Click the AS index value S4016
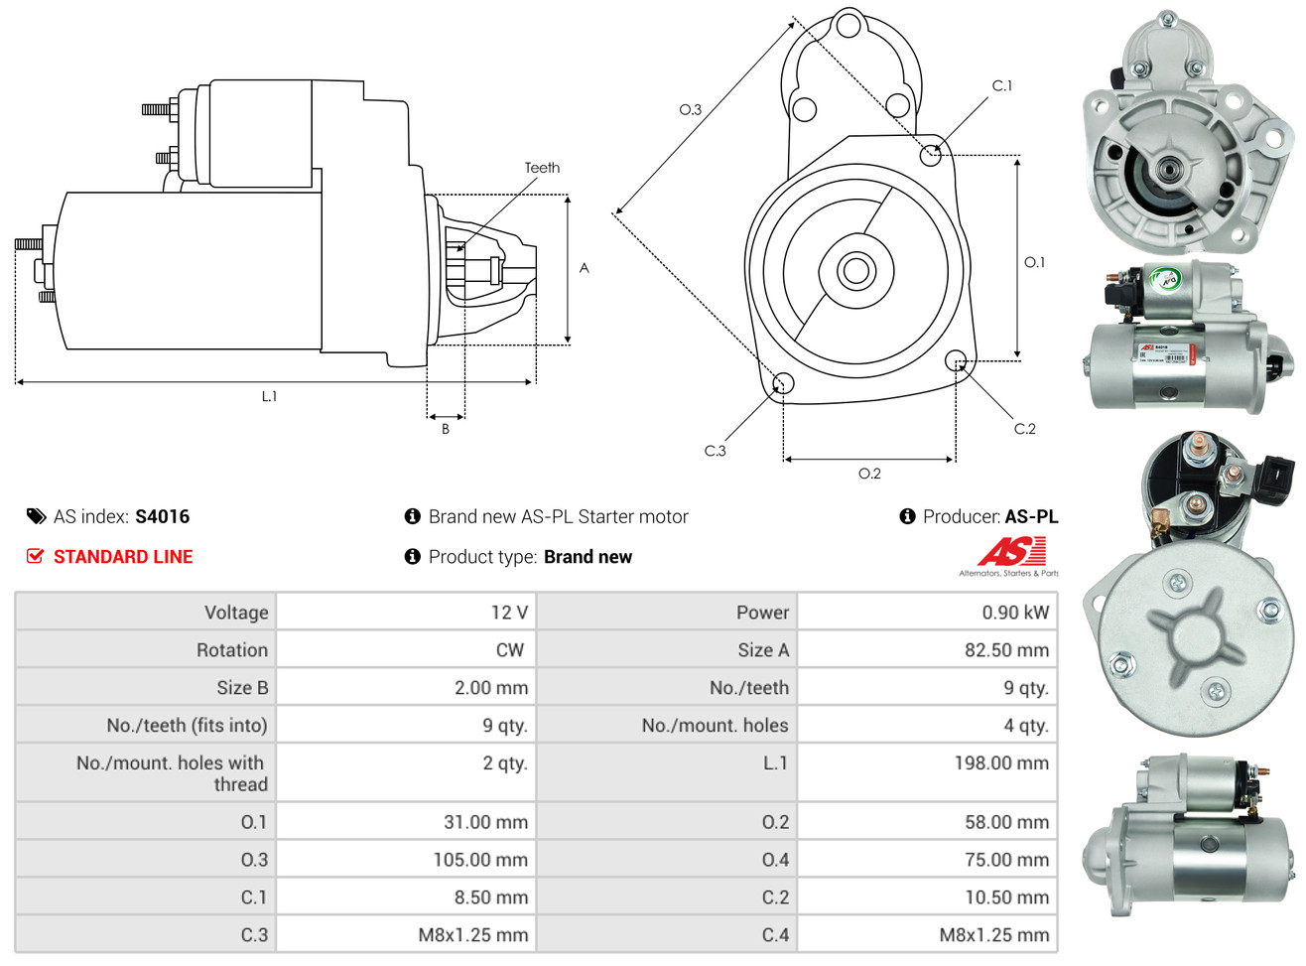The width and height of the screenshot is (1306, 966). coord(162,516)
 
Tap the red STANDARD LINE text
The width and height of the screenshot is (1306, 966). coord(123,557)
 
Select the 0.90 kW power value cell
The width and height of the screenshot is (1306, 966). coord(1014,613)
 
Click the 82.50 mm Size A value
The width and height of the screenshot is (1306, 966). coord(1006,650)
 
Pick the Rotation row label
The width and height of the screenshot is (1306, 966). coord(232,650)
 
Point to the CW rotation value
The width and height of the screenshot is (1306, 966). coord(509,650)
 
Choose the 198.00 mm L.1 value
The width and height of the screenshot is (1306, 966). coord(1001,763)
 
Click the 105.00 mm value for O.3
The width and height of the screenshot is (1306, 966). coord(480,860)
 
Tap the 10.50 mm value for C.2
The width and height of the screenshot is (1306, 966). coord(1006,897)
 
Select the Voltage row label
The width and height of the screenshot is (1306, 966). coord(236,613)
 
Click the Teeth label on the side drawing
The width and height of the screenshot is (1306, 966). coord(542,168)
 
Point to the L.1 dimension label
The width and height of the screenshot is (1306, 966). coord(269,396)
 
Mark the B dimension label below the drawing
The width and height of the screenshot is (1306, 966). coord(446,429)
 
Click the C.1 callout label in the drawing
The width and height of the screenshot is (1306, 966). coord(1002,85)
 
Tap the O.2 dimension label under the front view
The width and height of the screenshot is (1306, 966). coord(869,474)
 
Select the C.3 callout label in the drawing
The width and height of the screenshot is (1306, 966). coord(715,451)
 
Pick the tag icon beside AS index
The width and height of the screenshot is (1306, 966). coord(36,516)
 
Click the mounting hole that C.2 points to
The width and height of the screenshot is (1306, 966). coord(955,359)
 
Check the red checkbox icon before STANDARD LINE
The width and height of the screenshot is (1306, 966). coord(35,556)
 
